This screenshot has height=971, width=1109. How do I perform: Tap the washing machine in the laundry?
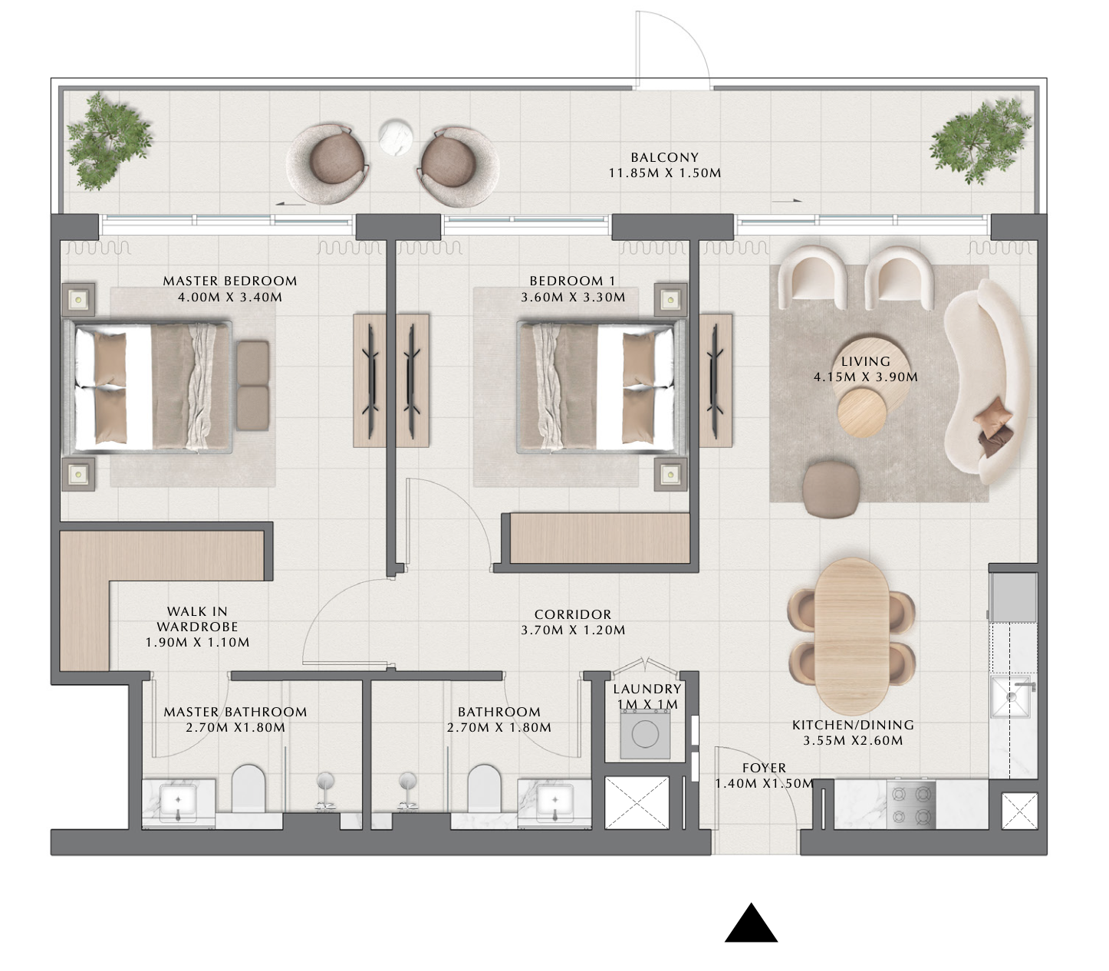645,734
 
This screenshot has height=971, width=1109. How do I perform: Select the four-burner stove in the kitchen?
910,805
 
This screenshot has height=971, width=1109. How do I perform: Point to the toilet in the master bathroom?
248,788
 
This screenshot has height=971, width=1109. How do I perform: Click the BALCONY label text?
664,157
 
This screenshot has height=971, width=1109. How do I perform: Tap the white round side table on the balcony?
395,137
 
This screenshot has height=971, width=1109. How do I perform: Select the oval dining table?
851,637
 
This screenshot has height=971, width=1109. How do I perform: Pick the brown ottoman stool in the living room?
831,489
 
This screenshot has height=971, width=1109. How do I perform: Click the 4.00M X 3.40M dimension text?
230,297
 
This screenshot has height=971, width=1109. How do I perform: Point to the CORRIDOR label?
573,614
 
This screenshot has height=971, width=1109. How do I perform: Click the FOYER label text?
764,768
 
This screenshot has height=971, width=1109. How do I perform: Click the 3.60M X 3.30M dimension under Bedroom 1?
573,297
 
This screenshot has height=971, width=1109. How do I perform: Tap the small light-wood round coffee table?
862,413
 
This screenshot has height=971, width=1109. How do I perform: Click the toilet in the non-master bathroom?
483,788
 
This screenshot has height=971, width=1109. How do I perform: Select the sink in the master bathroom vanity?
178,802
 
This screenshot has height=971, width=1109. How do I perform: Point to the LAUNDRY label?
647,689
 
